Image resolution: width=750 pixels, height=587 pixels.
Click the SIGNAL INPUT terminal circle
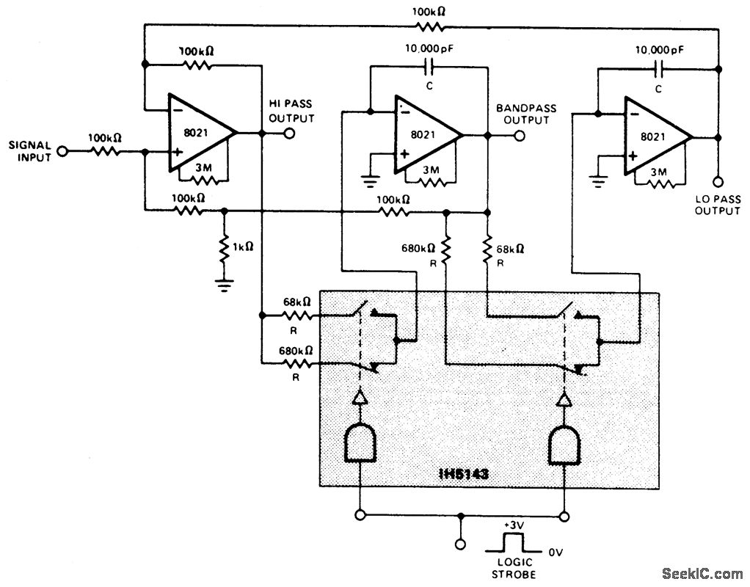coord(62,152)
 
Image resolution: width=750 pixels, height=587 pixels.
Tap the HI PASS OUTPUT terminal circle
coord(289,134)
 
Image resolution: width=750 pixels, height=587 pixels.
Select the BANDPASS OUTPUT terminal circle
coord(519,135)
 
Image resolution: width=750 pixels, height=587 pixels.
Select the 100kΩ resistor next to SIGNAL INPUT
coord(104,152)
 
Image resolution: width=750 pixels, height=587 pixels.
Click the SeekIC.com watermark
coord(702,573)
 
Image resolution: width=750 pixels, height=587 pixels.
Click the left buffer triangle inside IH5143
coord(360,398)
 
